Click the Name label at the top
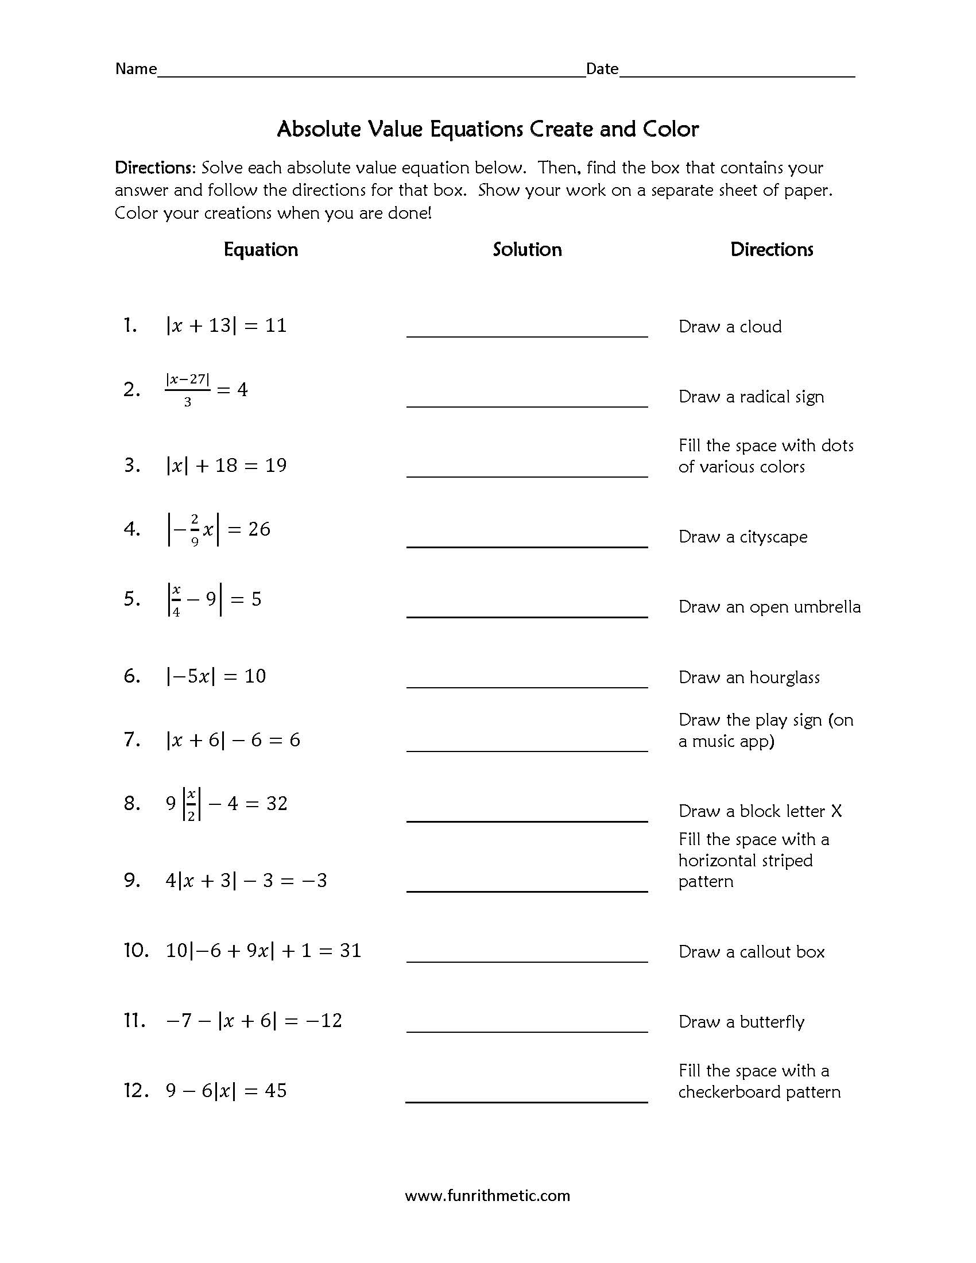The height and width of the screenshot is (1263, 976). pos(136,69)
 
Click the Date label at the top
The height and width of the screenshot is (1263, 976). pos(602,69)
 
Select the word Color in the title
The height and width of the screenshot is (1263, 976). pos(671,129)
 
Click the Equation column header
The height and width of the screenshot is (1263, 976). pos(261,249)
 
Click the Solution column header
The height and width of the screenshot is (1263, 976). pos(526,249)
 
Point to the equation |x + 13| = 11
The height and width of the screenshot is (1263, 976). pos(226,326)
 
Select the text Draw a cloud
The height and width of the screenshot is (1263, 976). pos(730,327)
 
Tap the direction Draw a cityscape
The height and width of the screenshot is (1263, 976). pos(742,537)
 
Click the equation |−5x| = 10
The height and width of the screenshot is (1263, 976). pos(216,676)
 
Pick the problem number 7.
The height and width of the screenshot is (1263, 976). pos(132,739)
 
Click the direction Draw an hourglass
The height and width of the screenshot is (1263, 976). pos(749,677)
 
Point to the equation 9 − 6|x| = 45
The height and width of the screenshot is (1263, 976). pos(226,1091)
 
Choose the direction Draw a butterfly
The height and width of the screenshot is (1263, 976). pos(741,1022)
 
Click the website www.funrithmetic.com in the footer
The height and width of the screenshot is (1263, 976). pos(487,1195)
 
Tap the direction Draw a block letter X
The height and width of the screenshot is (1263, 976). pos(760,811)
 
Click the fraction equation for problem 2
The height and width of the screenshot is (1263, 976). pos(207,390)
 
